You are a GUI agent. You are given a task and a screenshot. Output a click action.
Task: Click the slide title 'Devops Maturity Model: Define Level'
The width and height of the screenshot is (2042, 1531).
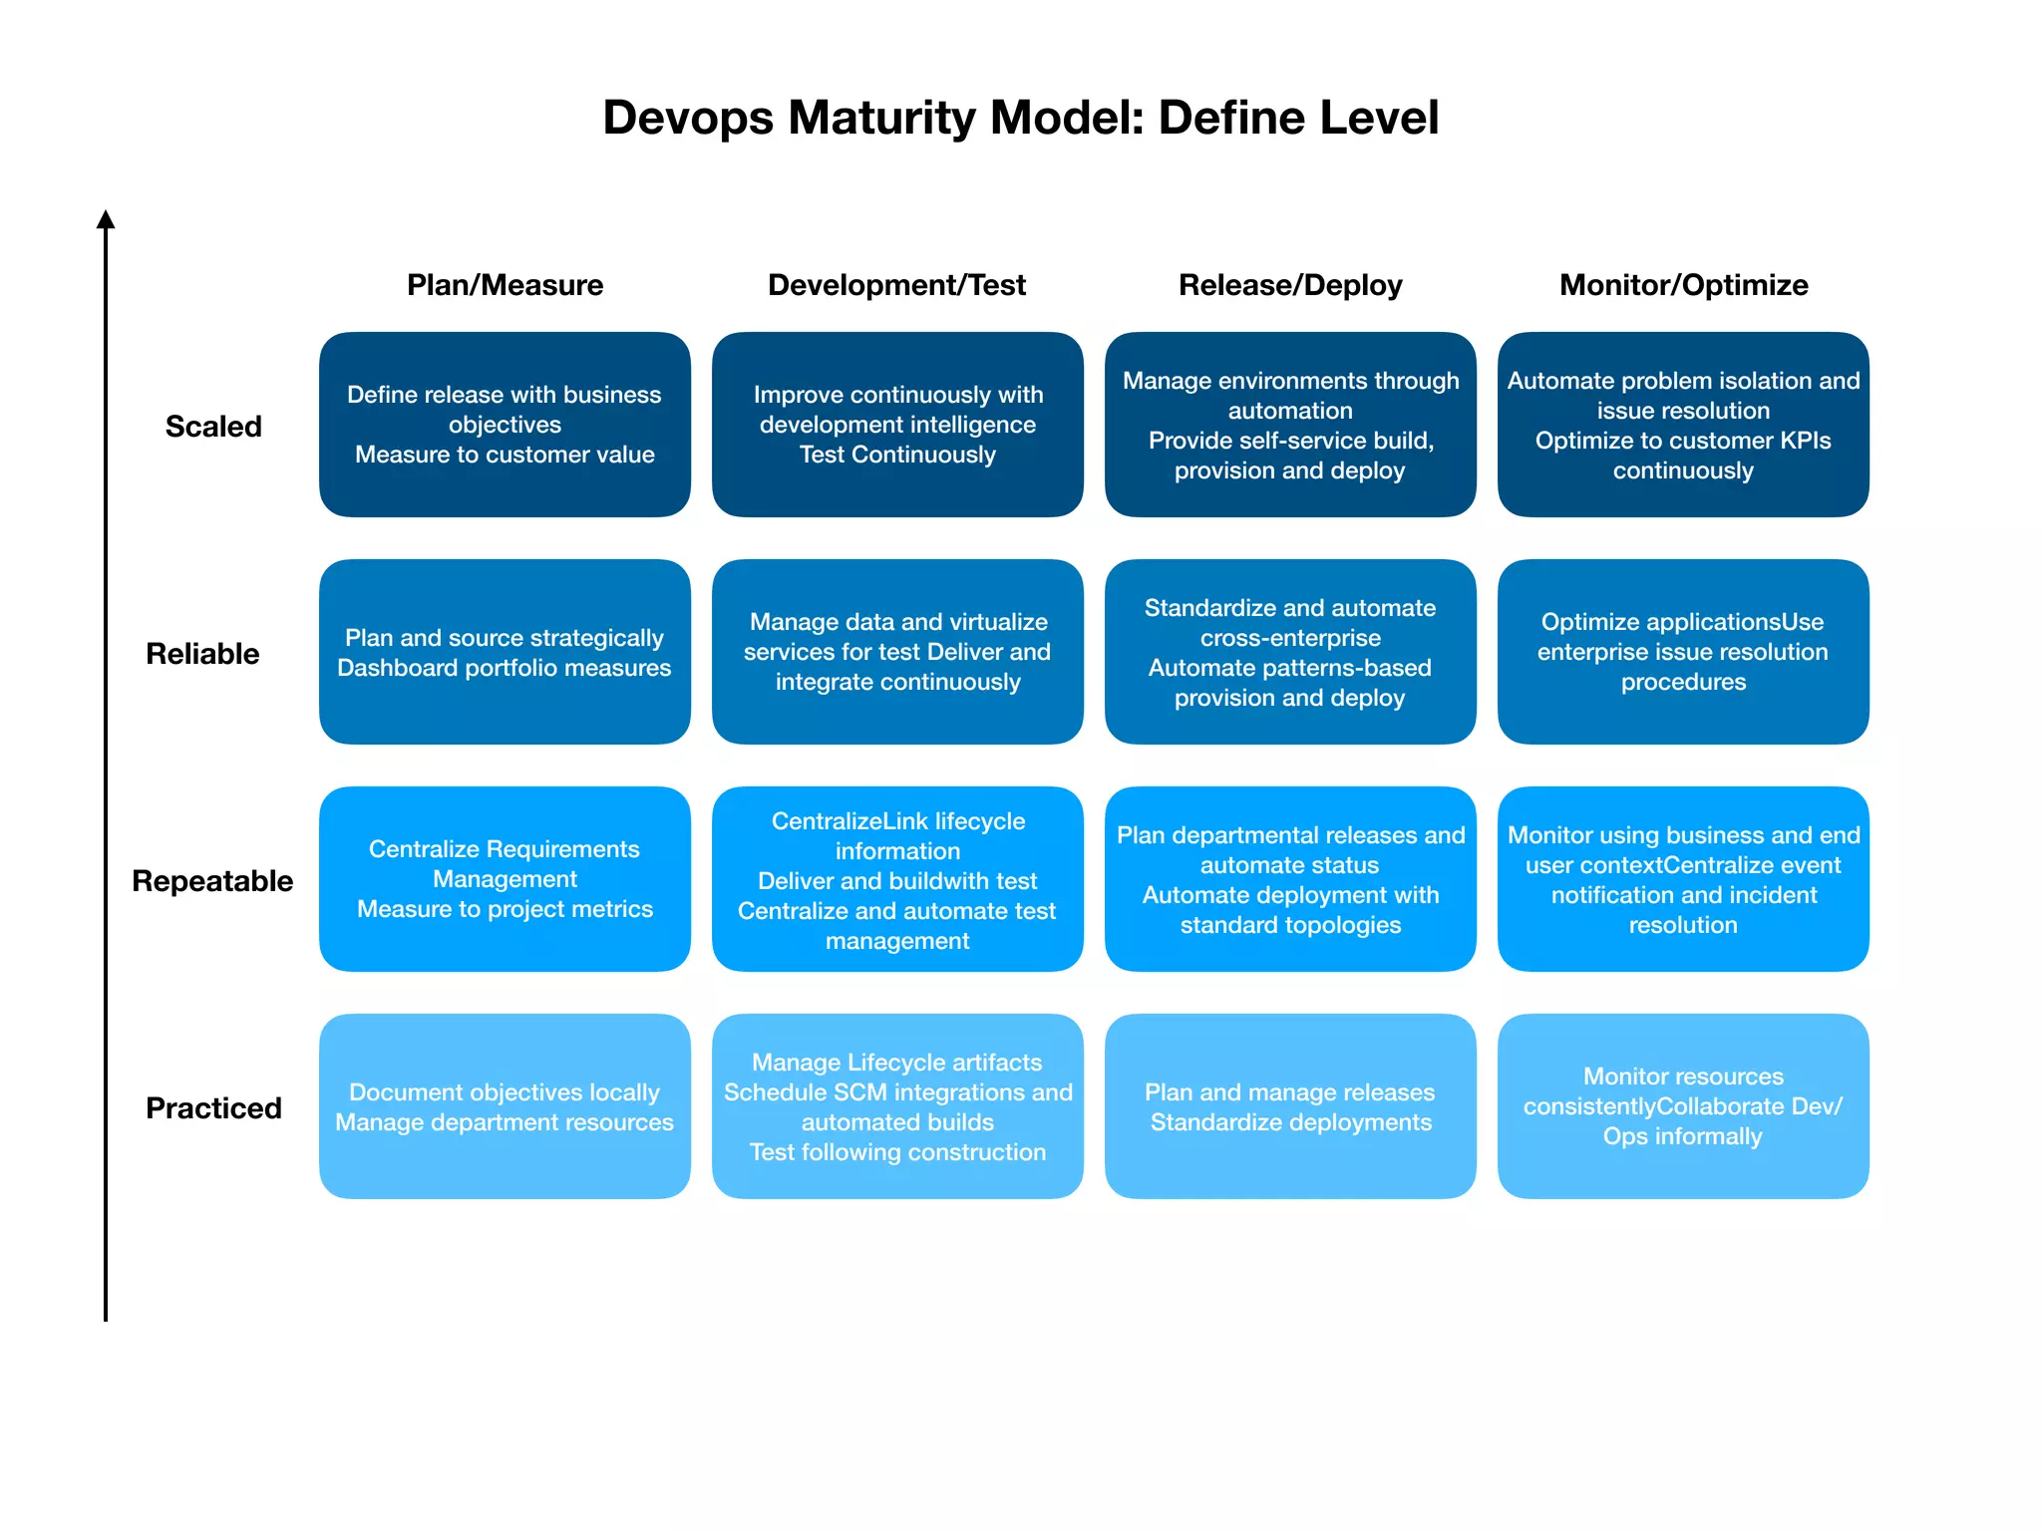1020,118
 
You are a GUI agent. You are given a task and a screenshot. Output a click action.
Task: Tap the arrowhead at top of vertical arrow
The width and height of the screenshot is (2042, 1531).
106,219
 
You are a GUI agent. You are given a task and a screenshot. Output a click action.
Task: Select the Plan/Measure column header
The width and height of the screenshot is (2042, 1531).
505,285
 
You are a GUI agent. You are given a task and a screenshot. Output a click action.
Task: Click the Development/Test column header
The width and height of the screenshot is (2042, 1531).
896,285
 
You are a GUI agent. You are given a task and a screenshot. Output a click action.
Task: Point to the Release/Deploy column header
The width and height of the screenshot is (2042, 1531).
1289,285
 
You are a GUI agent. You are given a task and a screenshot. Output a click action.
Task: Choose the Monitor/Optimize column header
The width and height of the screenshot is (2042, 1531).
1683,285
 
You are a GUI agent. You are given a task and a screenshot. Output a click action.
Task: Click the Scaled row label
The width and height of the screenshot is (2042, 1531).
213,427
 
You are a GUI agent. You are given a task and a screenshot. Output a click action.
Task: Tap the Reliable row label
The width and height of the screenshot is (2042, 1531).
202,654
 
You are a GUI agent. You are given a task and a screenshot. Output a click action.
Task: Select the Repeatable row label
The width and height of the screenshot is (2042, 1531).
212,881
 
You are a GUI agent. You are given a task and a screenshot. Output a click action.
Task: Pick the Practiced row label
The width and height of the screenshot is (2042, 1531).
213,1108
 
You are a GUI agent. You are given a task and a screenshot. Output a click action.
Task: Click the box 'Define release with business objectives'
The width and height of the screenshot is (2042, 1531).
505,425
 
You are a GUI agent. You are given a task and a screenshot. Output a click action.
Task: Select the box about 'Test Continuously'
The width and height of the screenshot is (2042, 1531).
897,425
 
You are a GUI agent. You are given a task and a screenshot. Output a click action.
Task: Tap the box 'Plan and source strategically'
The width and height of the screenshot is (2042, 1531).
505,652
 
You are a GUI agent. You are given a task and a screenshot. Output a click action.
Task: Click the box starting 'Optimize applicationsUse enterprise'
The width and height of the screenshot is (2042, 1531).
1683,652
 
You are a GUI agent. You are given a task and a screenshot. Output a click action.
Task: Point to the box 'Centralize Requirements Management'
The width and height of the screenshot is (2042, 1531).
505,879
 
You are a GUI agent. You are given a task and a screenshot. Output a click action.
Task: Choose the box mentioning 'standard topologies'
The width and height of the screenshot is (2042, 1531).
1290,879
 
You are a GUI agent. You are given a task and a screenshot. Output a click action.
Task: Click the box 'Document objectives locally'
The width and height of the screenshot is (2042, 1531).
505,1106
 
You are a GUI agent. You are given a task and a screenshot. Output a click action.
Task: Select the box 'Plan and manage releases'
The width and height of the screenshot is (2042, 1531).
1290,1106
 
